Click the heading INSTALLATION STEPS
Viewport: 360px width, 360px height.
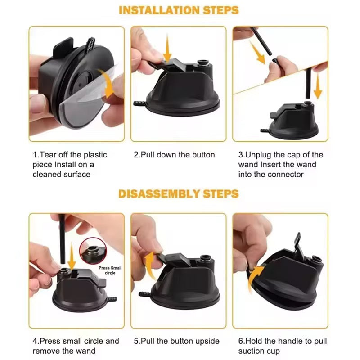click(179, 10)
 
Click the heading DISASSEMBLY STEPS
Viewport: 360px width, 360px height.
click(179, 194)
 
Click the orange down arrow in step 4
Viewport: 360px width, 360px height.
click(72, 256)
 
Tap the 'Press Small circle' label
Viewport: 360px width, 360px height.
click(110, 270)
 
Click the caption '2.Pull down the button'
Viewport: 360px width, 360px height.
click(174, 155)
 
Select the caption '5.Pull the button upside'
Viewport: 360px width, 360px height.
click(176, 341)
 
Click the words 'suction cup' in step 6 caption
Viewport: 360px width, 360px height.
click(259, 351)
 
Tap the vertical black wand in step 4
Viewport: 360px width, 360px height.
click(62, 239)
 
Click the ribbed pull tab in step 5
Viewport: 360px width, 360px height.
click(144, 294)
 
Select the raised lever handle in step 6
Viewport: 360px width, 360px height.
click(299, 246)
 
